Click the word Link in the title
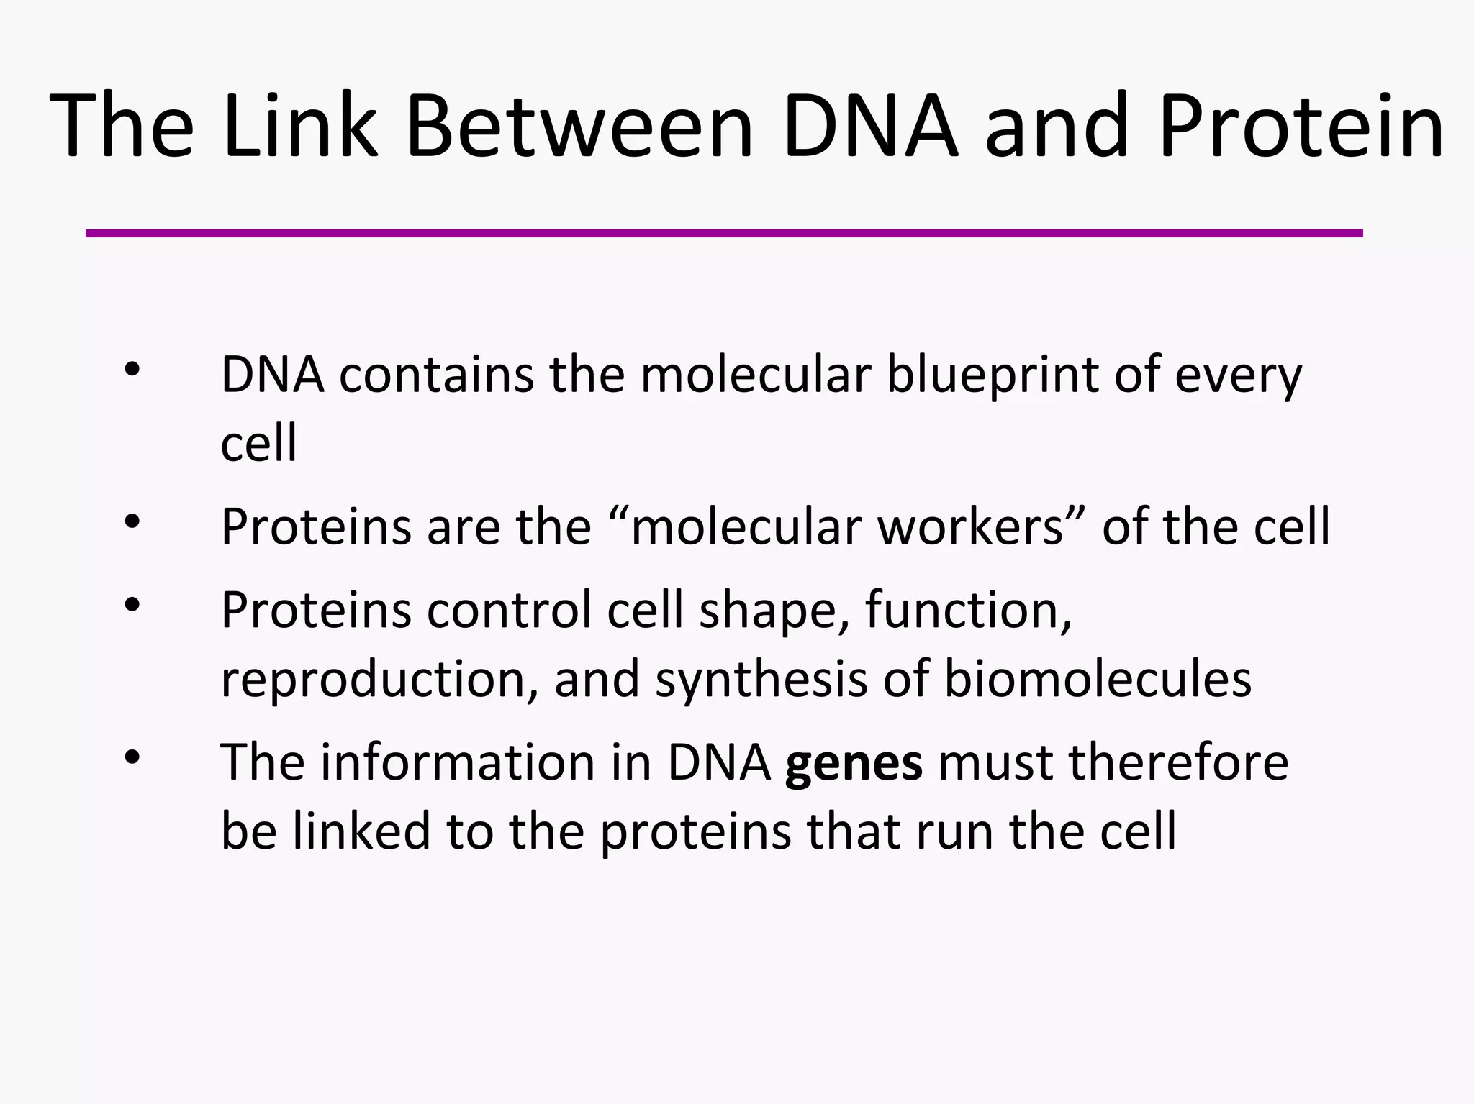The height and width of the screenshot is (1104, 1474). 300,126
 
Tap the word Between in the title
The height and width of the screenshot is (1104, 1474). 579,126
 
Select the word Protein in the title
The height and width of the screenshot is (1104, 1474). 1301,126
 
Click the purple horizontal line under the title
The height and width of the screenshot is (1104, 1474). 724,233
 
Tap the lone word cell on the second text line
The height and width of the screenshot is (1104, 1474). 258,443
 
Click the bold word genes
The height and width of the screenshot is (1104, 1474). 854,763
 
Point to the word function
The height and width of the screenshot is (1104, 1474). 968,610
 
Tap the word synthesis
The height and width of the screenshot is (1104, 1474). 761,679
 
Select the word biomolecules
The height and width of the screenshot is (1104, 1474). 1097,679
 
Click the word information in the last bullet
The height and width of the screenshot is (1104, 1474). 457,762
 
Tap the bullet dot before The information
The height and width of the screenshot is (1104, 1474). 132,757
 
